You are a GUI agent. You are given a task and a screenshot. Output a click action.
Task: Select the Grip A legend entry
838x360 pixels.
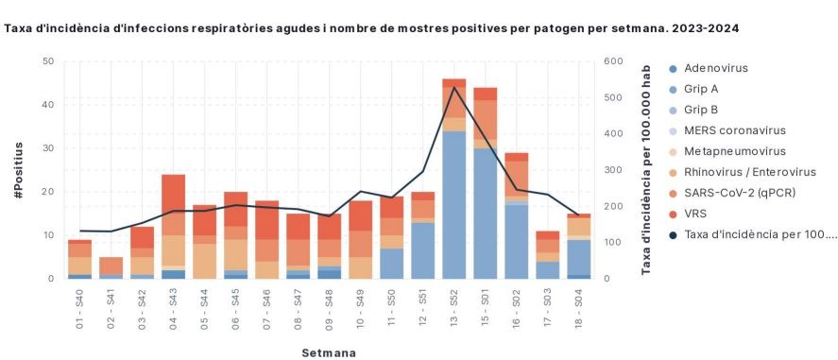(x=702, y=89)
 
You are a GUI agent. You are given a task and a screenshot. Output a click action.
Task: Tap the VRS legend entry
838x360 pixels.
(x=697, y=213)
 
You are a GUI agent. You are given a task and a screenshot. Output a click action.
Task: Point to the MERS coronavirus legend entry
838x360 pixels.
(x=734, y=130)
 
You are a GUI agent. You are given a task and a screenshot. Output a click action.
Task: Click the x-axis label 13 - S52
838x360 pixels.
(x=455, y=308)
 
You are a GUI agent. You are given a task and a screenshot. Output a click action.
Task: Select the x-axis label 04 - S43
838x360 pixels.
(x=174, y=308)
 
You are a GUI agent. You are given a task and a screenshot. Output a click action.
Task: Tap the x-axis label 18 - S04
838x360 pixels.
(x=580, y=308)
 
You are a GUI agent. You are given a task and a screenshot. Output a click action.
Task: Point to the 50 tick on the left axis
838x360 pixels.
(x=47, y=61)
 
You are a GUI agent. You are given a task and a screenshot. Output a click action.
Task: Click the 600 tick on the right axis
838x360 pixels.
(x=612, y=61)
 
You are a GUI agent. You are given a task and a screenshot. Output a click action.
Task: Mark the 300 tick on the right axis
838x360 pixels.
(x=612, y=170)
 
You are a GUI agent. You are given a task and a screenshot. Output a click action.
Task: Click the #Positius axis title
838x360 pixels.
(x=19, y=170)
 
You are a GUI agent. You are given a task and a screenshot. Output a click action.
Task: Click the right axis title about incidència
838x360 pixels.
(x=646, y=170)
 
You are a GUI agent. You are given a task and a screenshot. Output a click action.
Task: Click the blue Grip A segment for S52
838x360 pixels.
(x=454, y=204)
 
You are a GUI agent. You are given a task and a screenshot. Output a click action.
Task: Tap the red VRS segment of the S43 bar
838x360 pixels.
(x=174, y=192)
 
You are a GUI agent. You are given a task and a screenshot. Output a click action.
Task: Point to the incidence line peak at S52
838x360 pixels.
(x=454, y=88)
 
